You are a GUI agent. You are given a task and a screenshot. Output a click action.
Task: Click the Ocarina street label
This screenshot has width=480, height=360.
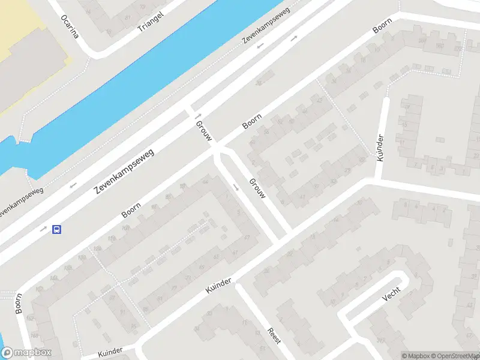70,26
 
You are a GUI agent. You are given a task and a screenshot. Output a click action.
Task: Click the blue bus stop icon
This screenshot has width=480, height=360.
57,229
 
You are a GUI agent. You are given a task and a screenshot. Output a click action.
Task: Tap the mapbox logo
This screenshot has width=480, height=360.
26,353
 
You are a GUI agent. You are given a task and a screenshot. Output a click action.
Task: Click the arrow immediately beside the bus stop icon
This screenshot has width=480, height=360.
43,229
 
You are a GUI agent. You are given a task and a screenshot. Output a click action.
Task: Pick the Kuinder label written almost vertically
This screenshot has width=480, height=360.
380,148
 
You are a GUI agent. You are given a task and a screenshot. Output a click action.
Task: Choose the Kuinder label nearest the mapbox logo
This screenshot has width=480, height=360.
109,350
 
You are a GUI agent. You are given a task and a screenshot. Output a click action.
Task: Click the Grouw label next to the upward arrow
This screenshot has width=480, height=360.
203,130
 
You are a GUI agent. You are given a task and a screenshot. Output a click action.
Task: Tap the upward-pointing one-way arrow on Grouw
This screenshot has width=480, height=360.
196,116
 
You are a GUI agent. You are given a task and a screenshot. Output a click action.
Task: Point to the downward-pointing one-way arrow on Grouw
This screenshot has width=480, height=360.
236,187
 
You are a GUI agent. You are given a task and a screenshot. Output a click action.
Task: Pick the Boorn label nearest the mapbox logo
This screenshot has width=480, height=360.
19,302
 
